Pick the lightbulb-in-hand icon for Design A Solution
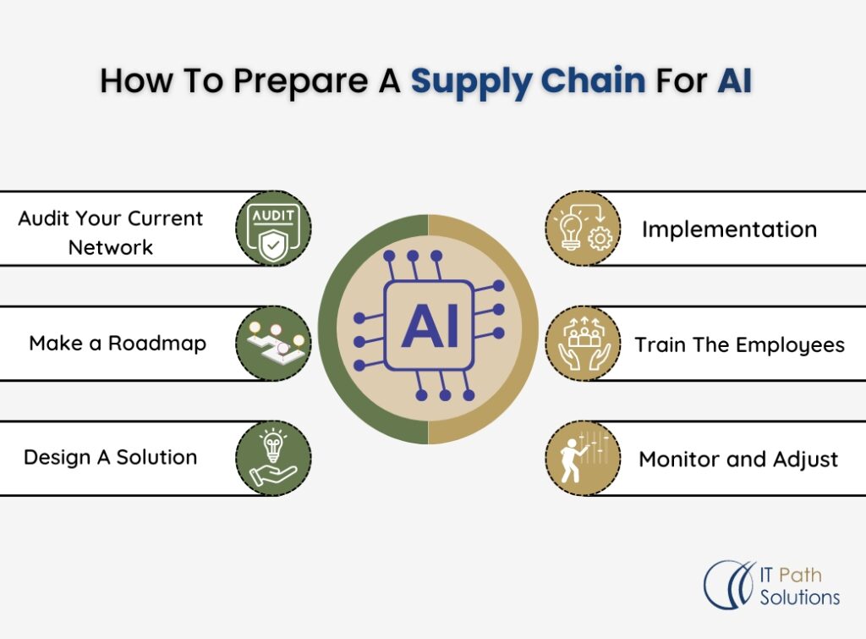tap(273, 458)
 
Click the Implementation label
tap(729, 229)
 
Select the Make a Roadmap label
tap(118, 343)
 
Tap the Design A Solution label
tap(110, 457)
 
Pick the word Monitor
tap(676, 460)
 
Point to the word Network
tap(111, 247)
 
